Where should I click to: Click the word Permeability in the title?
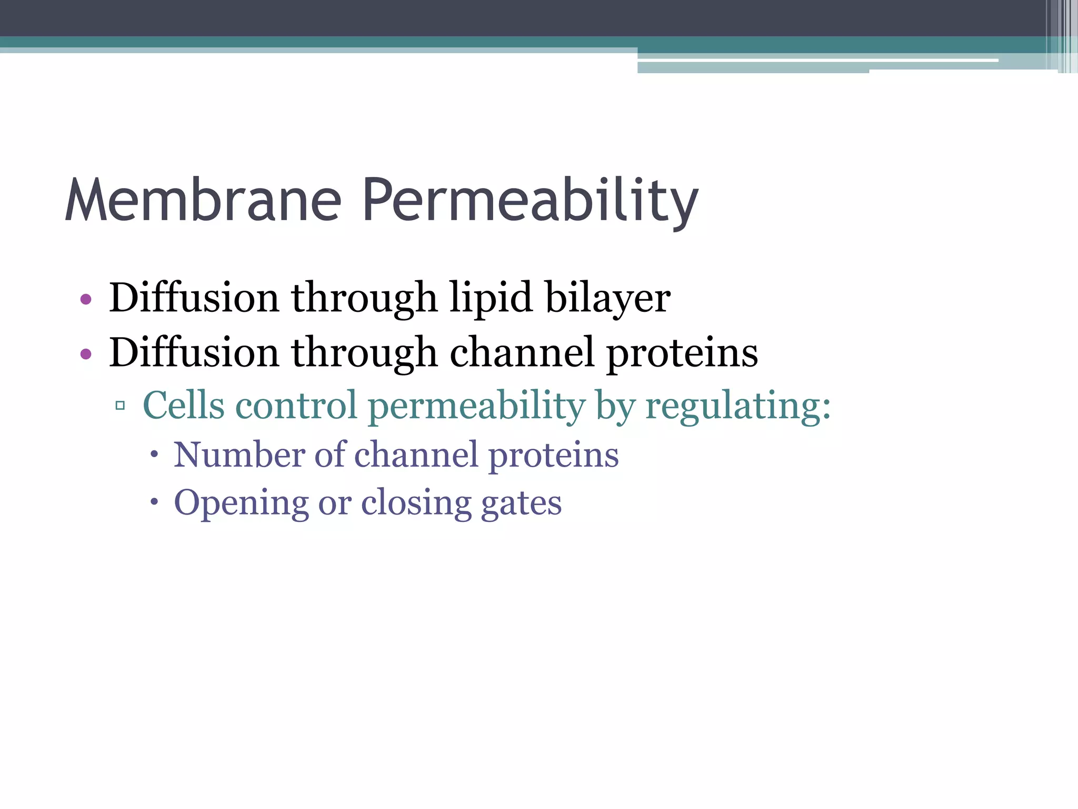point(531,200)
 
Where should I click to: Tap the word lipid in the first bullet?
point(491,298)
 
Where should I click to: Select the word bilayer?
point(608,298)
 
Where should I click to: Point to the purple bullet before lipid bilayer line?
point(86,300)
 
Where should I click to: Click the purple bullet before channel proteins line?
point(86,354)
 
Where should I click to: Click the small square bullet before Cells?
point(120,406)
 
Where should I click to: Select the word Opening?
point(241,504)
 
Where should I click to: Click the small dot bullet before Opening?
point(154,502)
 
